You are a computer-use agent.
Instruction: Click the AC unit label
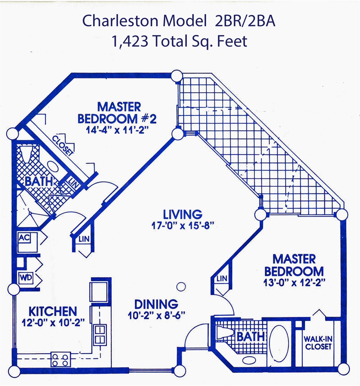(x=25, y=238)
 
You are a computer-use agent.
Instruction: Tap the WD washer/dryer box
(x=26, y=278)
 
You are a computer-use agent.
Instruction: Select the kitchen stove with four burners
(x=60, y=360)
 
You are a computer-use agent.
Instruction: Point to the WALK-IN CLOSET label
(x=318, y=343)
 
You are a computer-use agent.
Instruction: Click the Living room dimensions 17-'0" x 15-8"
(x=182, y=226)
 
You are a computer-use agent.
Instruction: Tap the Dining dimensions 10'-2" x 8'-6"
(x=156, y=315)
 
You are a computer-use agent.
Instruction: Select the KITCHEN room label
(x=53, y=311)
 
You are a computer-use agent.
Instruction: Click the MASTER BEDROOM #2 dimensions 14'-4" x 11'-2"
(x=117, y=130)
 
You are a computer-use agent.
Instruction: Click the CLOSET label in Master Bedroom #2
(x=63, y=146)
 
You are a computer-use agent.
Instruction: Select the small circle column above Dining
(x=181, y=286)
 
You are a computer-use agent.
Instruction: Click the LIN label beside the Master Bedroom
(x=222, y=278)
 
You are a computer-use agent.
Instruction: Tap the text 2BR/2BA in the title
(x=245, y=21)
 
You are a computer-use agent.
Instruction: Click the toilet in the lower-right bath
(x=224, y=333)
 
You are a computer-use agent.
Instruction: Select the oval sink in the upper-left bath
(x=53, y=167)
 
